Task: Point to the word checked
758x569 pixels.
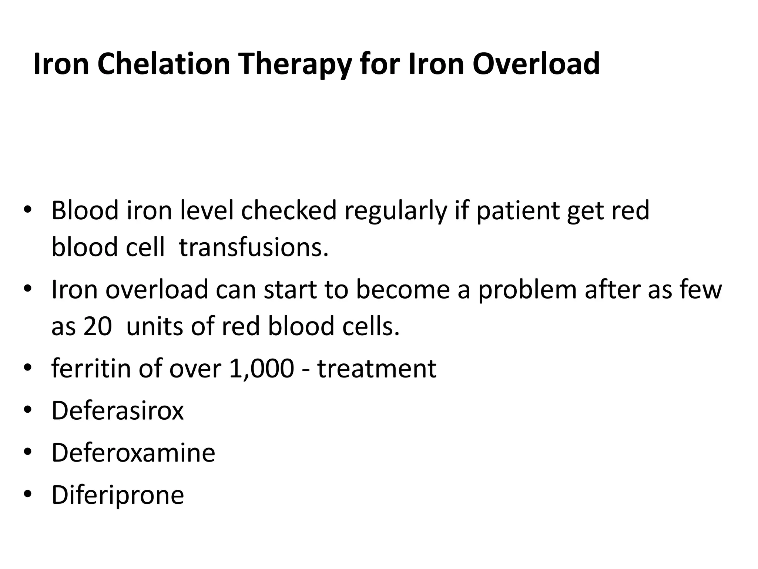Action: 289,210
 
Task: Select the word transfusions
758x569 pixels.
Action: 254,247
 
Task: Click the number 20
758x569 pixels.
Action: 97,326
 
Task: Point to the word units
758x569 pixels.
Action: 155,326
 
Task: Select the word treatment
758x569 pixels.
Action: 377,369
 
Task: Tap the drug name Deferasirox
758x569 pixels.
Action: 118,410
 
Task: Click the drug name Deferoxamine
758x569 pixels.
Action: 133,453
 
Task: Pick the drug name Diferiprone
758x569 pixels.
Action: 118,495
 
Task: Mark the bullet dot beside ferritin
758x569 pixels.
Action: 28,368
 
